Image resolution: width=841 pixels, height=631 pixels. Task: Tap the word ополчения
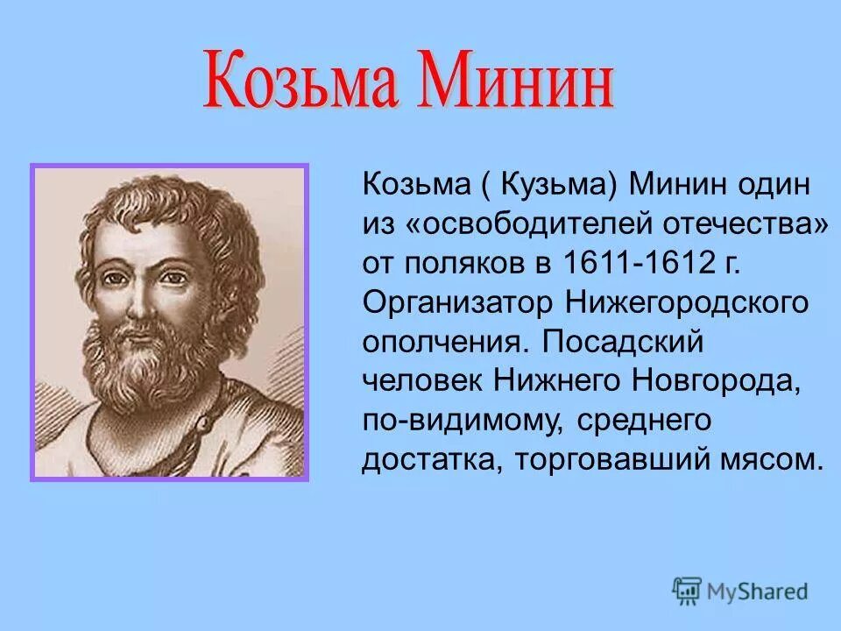pyautogui.click(x=443, y=341)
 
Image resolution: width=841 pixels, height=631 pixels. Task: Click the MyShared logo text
pyautogui.click(x=756, y=591)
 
